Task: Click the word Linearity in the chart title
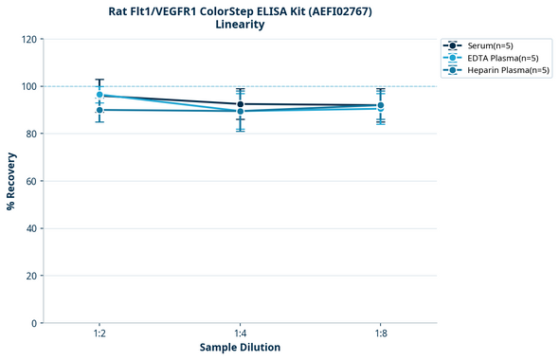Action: click(240, 25)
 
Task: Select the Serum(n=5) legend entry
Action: click(490, 45)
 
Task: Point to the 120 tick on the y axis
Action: click(28, 39)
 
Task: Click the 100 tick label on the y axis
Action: click(28, 86)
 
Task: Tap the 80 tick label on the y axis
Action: click(31, 134)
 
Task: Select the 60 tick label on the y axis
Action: click(31, 181)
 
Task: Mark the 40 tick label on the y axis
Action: click(31, 228)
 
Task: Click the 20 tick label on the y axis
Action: click(31, 276)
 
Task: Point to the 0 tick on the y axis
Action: click(34, 323)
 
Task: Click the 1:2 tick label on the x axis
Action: click(99, 333)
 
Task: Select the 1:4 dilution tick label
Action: click(240, 333)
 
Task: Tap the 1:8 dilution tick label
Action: click(380, 333)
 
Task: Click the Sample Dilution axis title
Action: click(240, 348)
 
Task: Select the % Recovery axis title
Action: click(11, 180)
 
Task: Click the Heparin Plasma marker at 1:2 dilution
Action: click(99, 110)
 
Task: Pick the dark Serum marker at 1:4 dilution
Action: click(240, 104)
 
